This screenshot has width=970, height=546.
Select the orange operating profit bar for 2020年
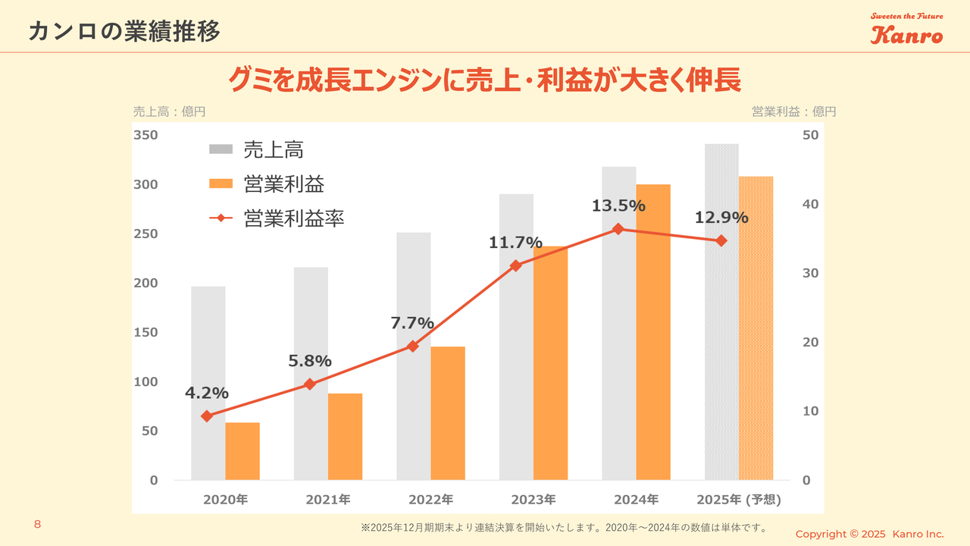pos(242,451)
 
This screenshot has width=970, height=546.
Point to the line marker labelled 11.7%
pos(516,265)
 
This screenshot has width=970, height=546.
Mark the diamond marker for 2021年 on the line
pos(309,384)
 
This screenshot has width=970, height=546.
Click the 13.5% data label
pos(619,206)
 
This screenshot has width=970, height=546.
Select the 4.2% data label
pos(207,393)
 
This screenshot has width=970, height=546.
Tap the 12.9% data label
pos(721,218)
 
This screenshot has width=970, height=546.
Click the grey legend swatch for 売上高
pos(221,150)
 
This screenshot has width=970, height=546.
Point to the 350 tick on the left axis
pos(146,135)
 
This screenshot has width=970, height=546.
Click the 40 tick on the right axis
pos(809,205)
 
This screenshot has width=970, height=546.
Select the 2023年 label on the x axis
pos(533,500)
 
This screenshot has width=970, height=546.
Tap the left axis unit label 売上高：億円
pos(169,111)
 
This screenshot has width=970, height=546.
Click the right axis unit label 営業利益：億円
pos(793,111)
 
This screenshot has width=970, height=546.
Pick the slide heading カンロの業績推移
pos(124,32)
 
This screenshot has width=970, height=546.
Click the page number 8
pos(37,525)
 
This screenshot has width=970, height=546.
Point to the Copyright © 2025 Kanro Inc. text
pos(869,535)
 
